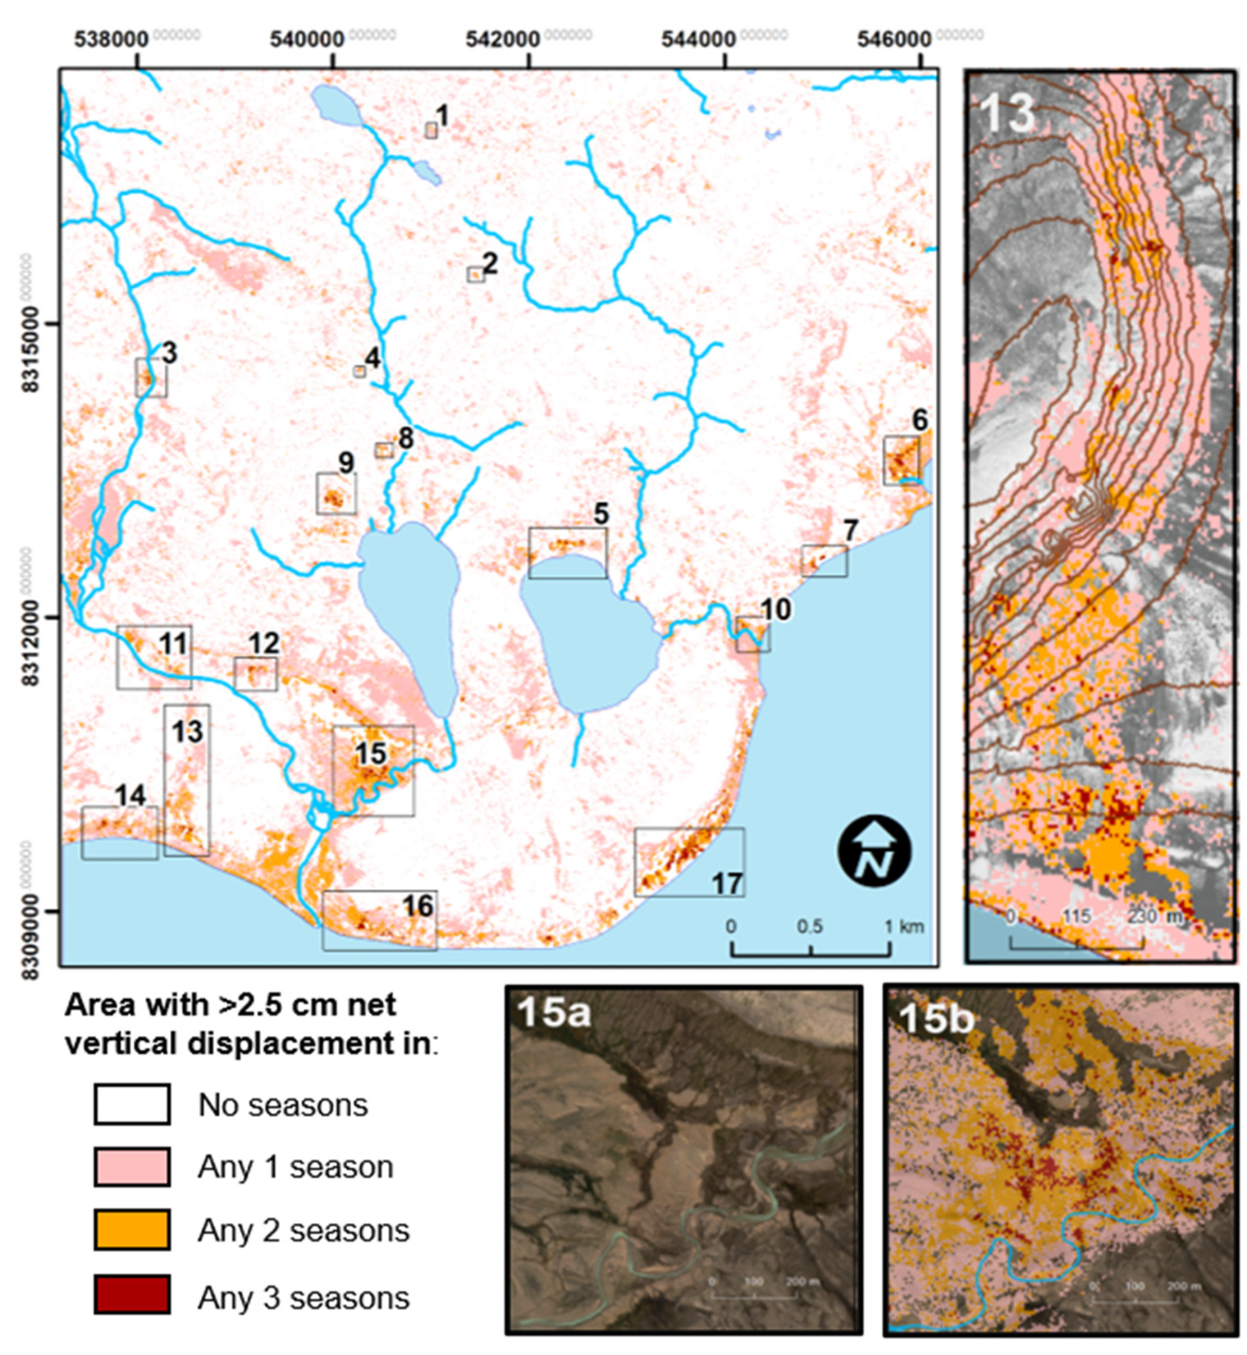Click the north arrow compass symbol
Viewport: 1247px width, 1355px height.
(x=874, y=852)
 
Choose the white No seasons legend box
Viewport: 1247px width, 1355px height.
(x=132, y=1104)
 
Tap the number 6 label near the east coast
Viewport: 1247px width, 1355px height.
(x=921, y=420)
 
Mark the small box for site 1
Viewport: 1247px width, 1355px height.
(x=430, y=130)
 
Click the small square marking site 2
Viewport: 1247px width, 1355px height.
(x=475, y=275)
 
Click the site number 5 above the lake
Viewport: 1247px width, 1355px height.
(x=601, y=514)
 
